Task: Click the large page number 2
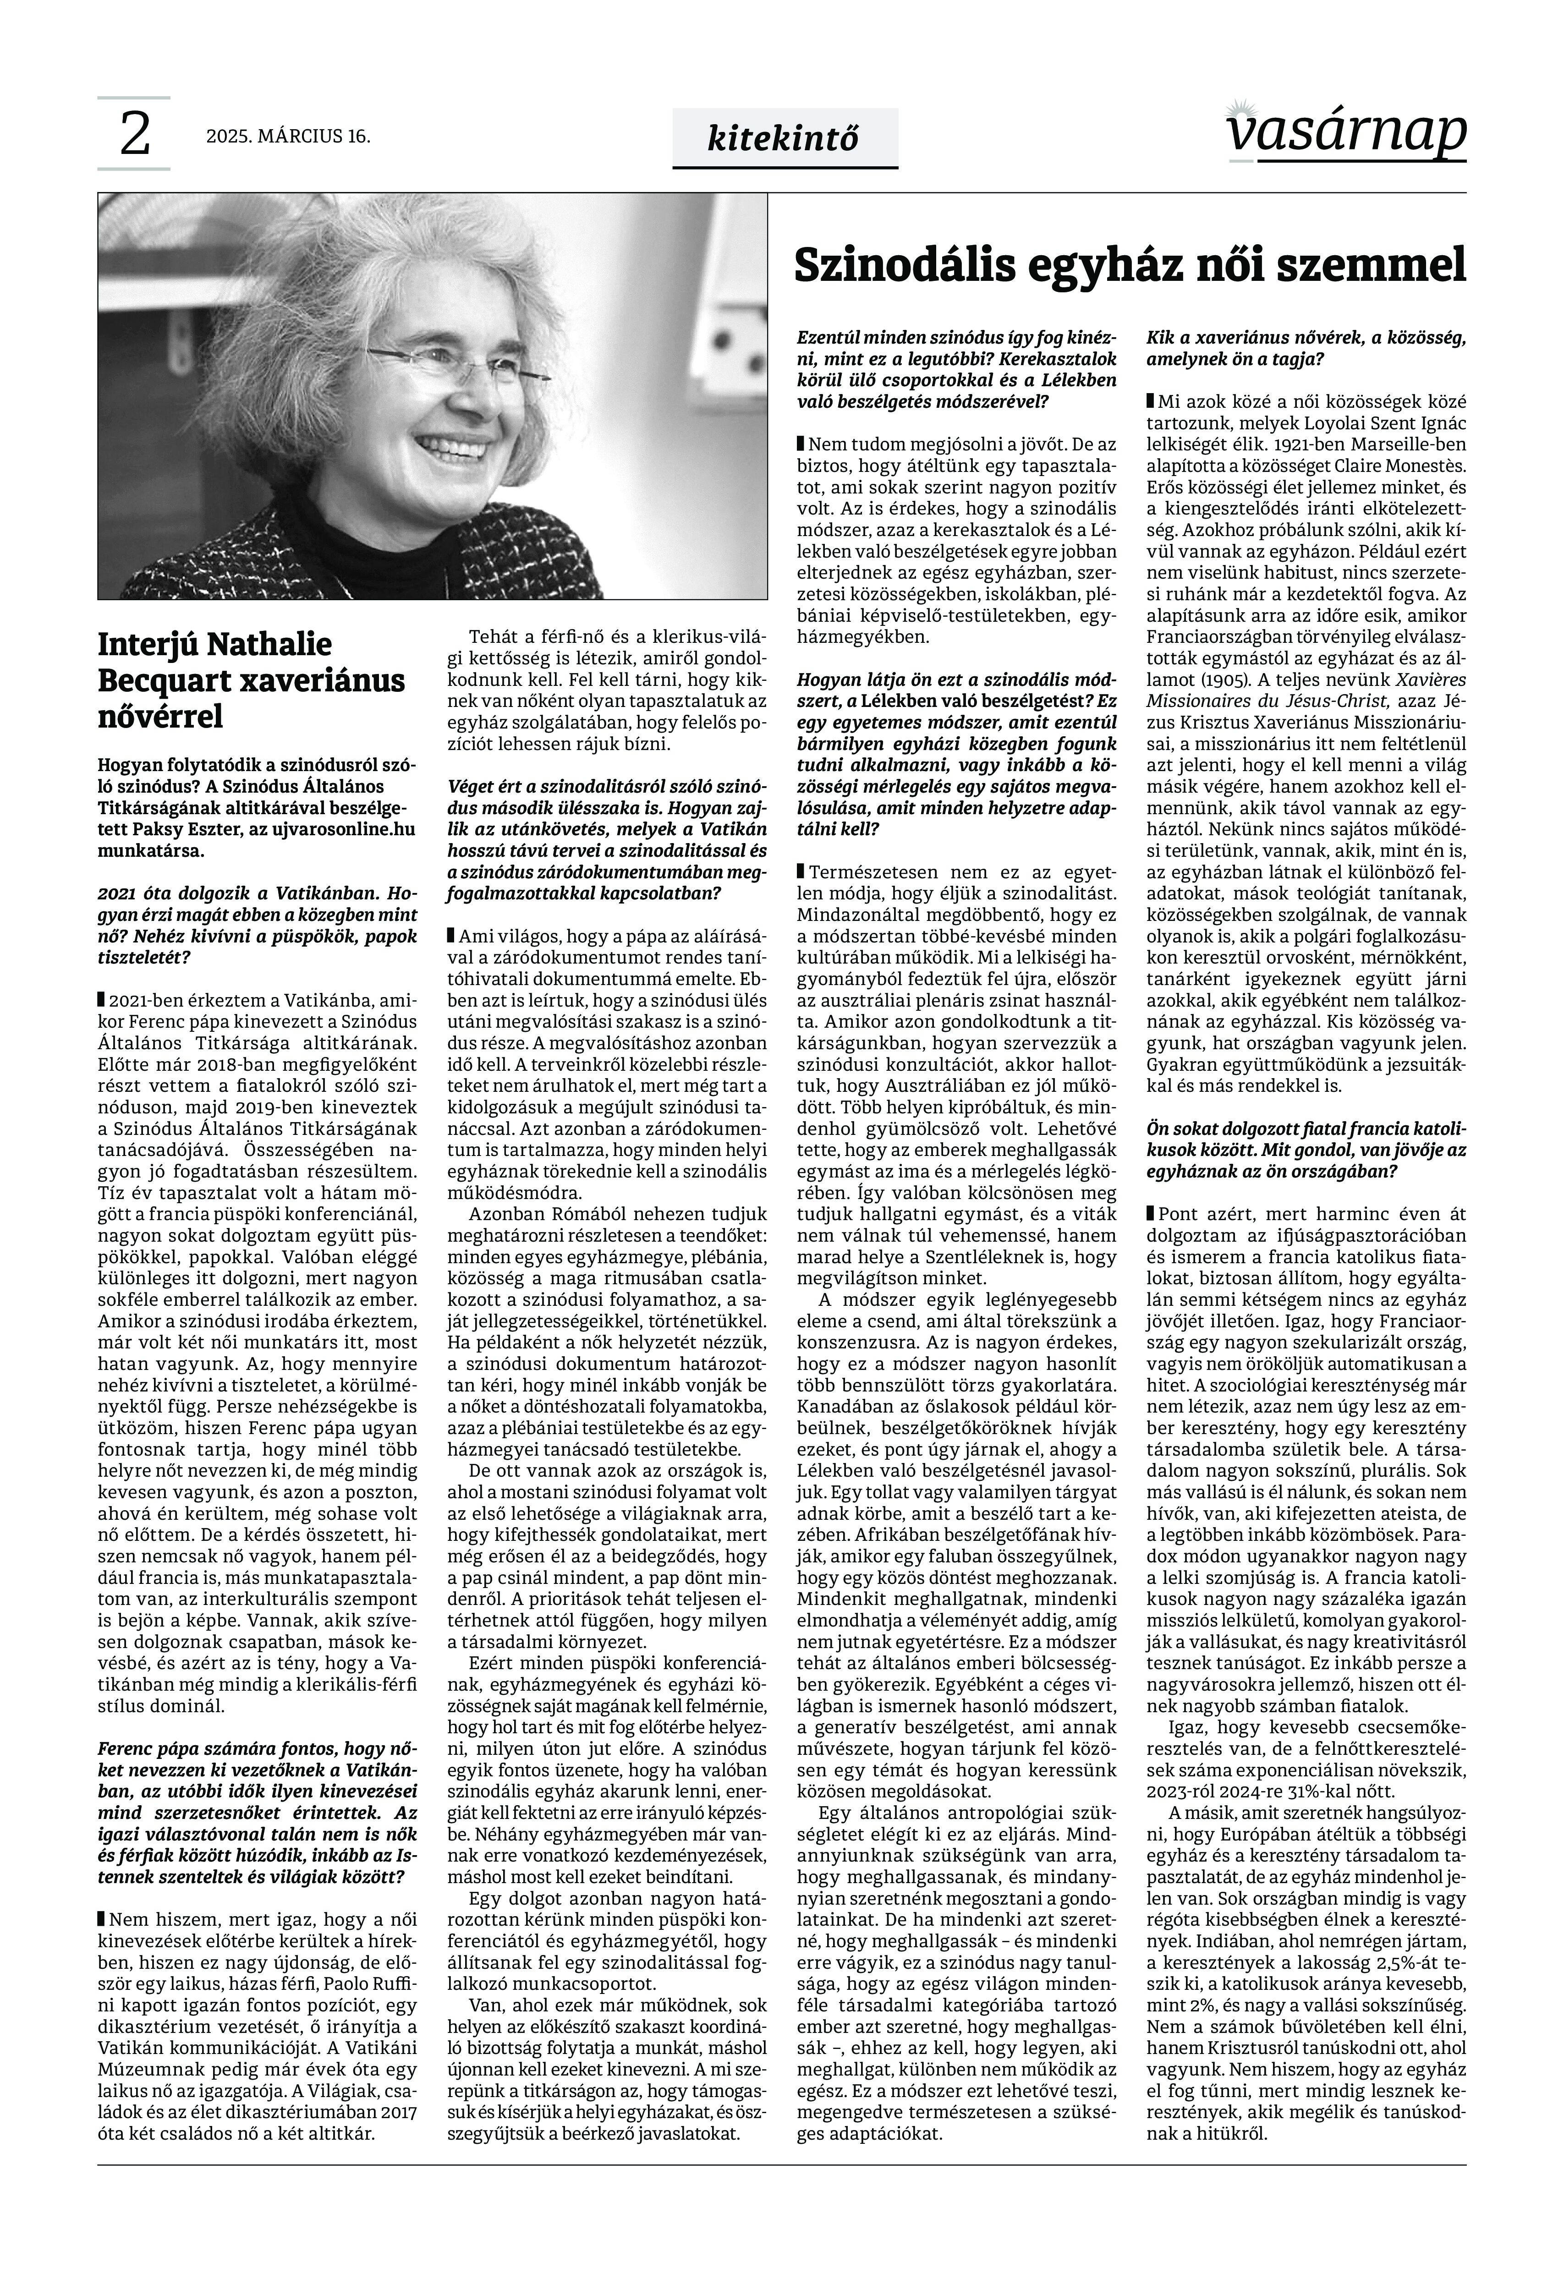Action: click(134, 135)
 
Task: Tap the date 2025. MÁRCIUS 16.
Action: click(288, 136)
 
